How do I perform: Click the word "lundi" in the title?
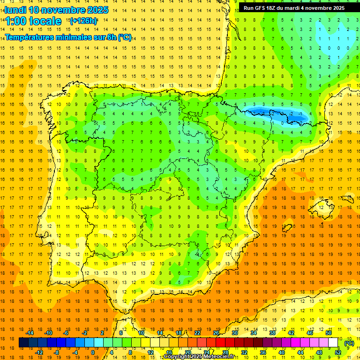15,10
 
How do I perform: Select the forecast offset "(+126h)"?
83,21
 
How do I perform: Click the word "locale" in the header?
45,21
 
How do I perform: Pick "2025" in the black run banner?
337,8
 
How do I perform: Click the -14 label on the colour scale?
30,333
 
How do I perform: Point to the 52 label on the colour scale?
338,352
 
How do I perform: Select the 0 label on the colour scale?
93,352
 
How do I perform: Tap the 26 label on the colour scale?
216,333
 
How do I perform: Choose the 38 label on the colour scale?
272,333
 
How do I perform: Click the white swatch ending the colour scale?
333,343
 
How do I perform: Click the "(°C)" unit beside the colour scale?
349,343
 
